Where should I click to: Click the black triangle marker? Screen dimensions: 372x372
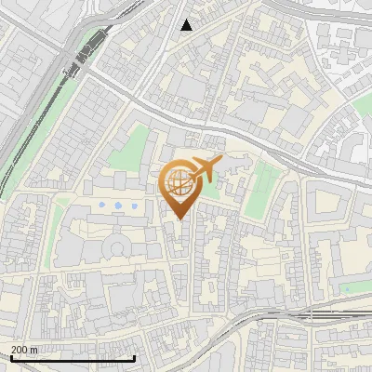coord(186,25)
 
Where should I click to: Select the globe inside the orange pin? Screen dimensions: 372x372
coord(179,183)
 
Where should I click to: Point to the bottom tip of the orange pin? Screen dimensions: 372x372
coord(179,219)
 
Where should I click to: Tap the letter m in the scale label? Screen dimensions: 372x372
coord(35,350)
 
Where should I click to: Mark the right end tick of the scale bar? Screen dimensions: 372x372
coord(135,356)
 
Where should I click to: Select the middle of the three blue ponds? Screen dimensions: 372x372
coord(119,204)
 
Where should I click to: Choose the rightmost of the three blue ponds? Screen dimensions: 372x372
coord(137,204)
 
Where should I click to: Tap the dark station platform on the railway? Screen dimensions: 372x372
coord(86,52)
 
